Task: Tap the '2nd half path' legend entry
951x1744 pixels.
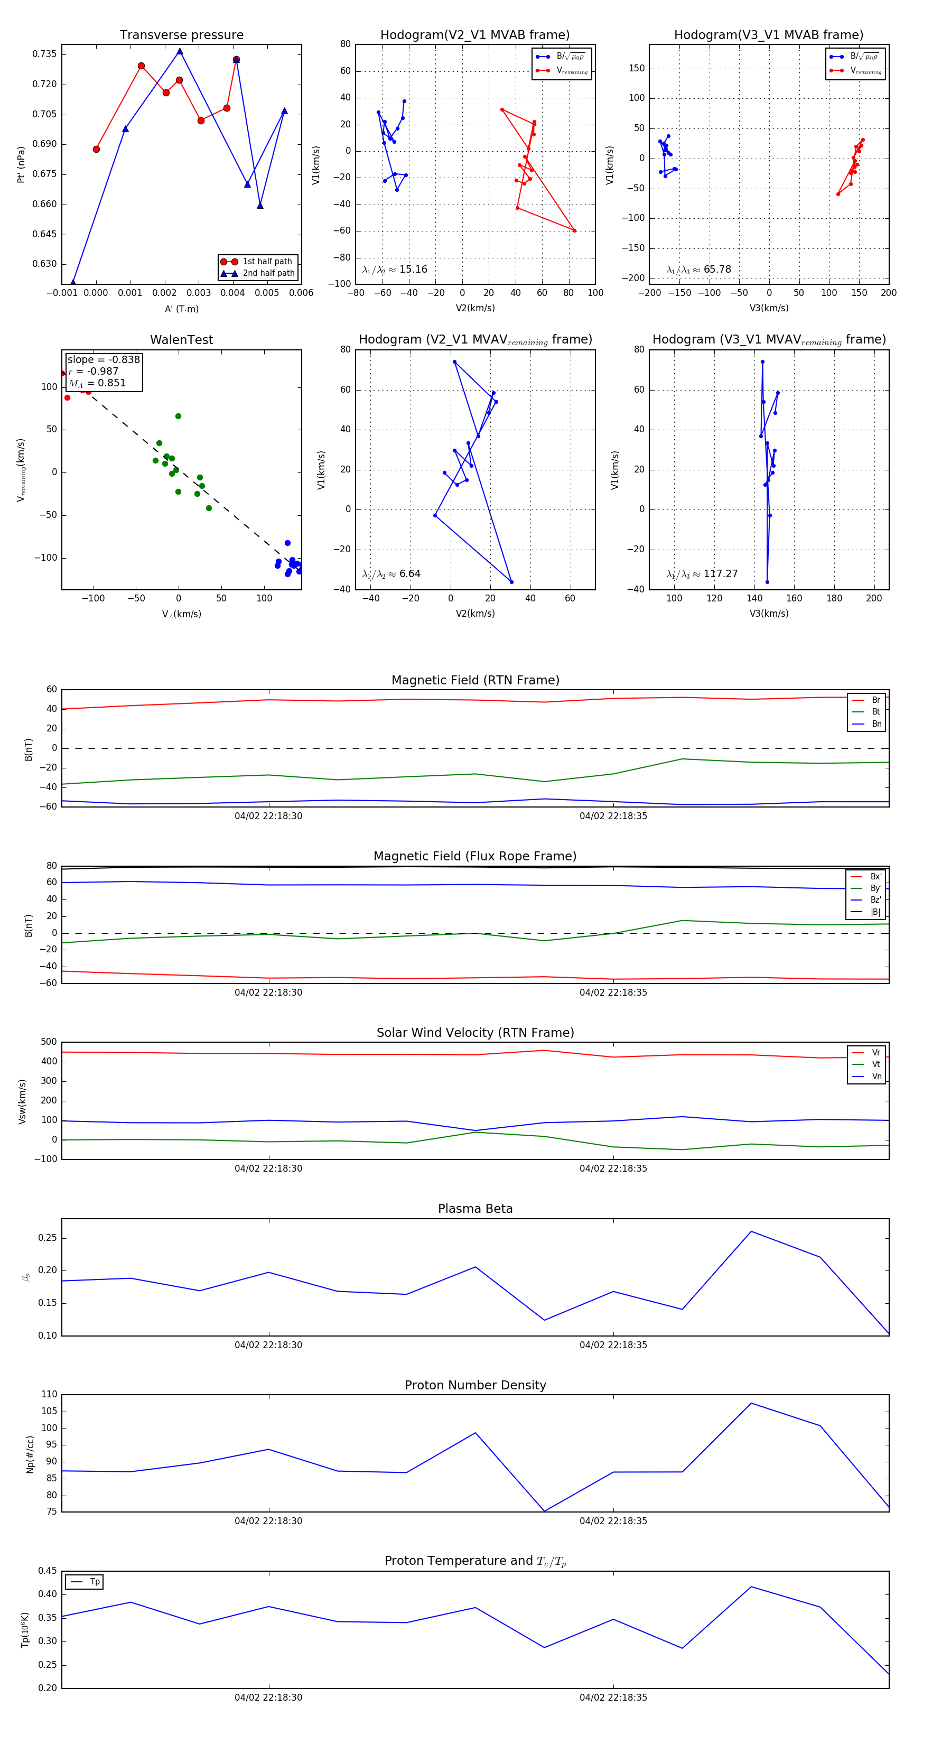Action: [x=268, y=274]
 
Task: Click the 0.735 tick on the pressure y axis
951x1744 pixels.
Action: [x=45, y=54]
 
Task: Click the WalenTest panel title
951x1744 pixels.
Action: [x=181, y=340]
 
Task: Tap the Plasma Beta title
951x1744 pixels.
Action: [x=475, y=1209]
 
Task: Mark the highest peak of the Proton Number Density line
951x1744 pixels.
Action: [x=751, y=1404]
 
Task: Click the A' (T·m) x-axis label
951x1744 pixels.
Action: [x=181, y=309]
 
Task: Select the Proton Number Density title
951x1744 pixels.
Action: [x=475, y=1385]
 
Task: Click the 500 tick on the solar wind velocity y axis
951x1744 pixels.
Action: [x=49, y=1042]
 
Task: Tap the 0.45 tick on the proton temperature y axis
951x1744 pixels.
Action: [x=48, y=1571]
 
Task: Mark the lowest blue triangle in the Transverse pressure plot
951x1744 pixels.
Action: [x=73, y=283]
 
